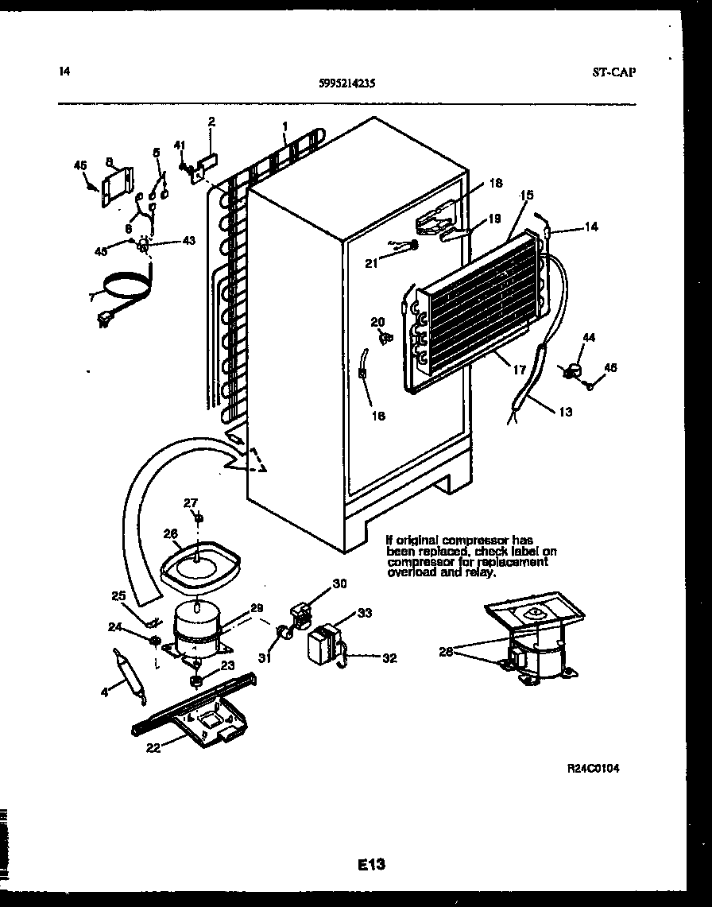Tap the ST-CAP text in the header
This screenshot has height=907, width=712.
tap(614, 72)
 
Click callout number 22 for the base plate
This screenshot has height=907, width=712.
tap(154, 747)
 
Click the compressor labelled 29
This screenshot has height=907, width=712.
tap(196, 627)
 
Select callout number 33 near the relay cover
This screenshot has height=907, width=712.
tap(365, 613)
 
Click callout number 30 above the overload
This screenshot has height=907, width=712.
tap(339, 584)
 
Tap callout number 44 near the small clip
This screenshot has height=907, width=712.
tap(588, 339)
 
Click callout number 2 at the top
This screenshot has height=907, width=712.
tap(211, 122)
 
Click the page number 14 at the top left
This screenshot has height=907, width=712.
tap(64, 72)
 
